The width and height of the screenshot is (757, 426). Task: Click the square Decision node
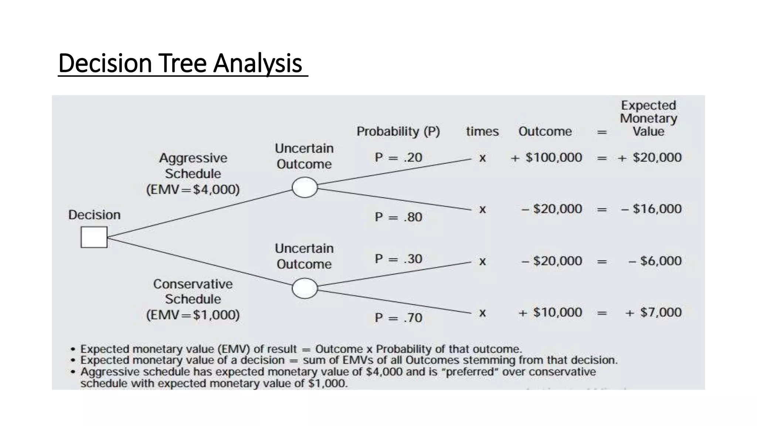[x=94, y=237]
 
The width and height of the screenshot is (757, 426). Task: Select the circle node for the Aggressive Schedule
[x=305, y=187]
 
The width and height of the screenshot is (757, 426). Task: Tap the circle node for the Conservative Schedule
[x=305, y=288]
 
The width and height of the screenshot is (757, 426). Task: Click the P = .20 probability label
[x=398, y=158]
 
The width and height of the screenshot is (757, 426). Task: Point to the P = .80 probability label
[x=398, y=217]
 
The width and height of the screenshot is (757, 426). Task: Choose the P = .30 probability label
[x=398, y=259]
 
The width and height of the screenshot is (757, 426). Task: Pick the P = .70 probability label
[x=398, y=318]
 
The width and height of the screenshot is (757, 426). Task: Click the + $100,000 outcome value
[x=546, y=158]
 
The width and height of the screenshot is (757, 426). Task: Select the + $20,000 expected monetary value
[x=649, y=158]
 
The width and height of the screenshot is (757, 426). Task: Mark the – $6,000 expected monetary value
[x=655, y=261]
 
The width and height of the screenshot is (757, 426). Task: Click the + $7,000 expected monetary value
[x=653, y=312]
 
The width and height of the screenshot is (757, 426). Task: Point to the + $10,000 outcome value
[x=550, y=312]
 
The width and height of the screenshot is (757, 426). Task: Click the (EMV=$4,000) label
[x=193, y=190]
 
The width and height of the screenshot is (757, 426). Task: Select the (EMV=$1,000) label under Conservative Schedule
[x=193, y=315]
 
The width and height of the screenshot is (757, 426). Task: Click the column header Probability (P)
[x=398, y=131]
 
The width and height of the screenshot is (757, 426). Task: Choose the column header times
[x=482, y=131]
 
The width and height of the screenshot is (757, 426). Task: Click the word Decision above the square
[x=94, y=215]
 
